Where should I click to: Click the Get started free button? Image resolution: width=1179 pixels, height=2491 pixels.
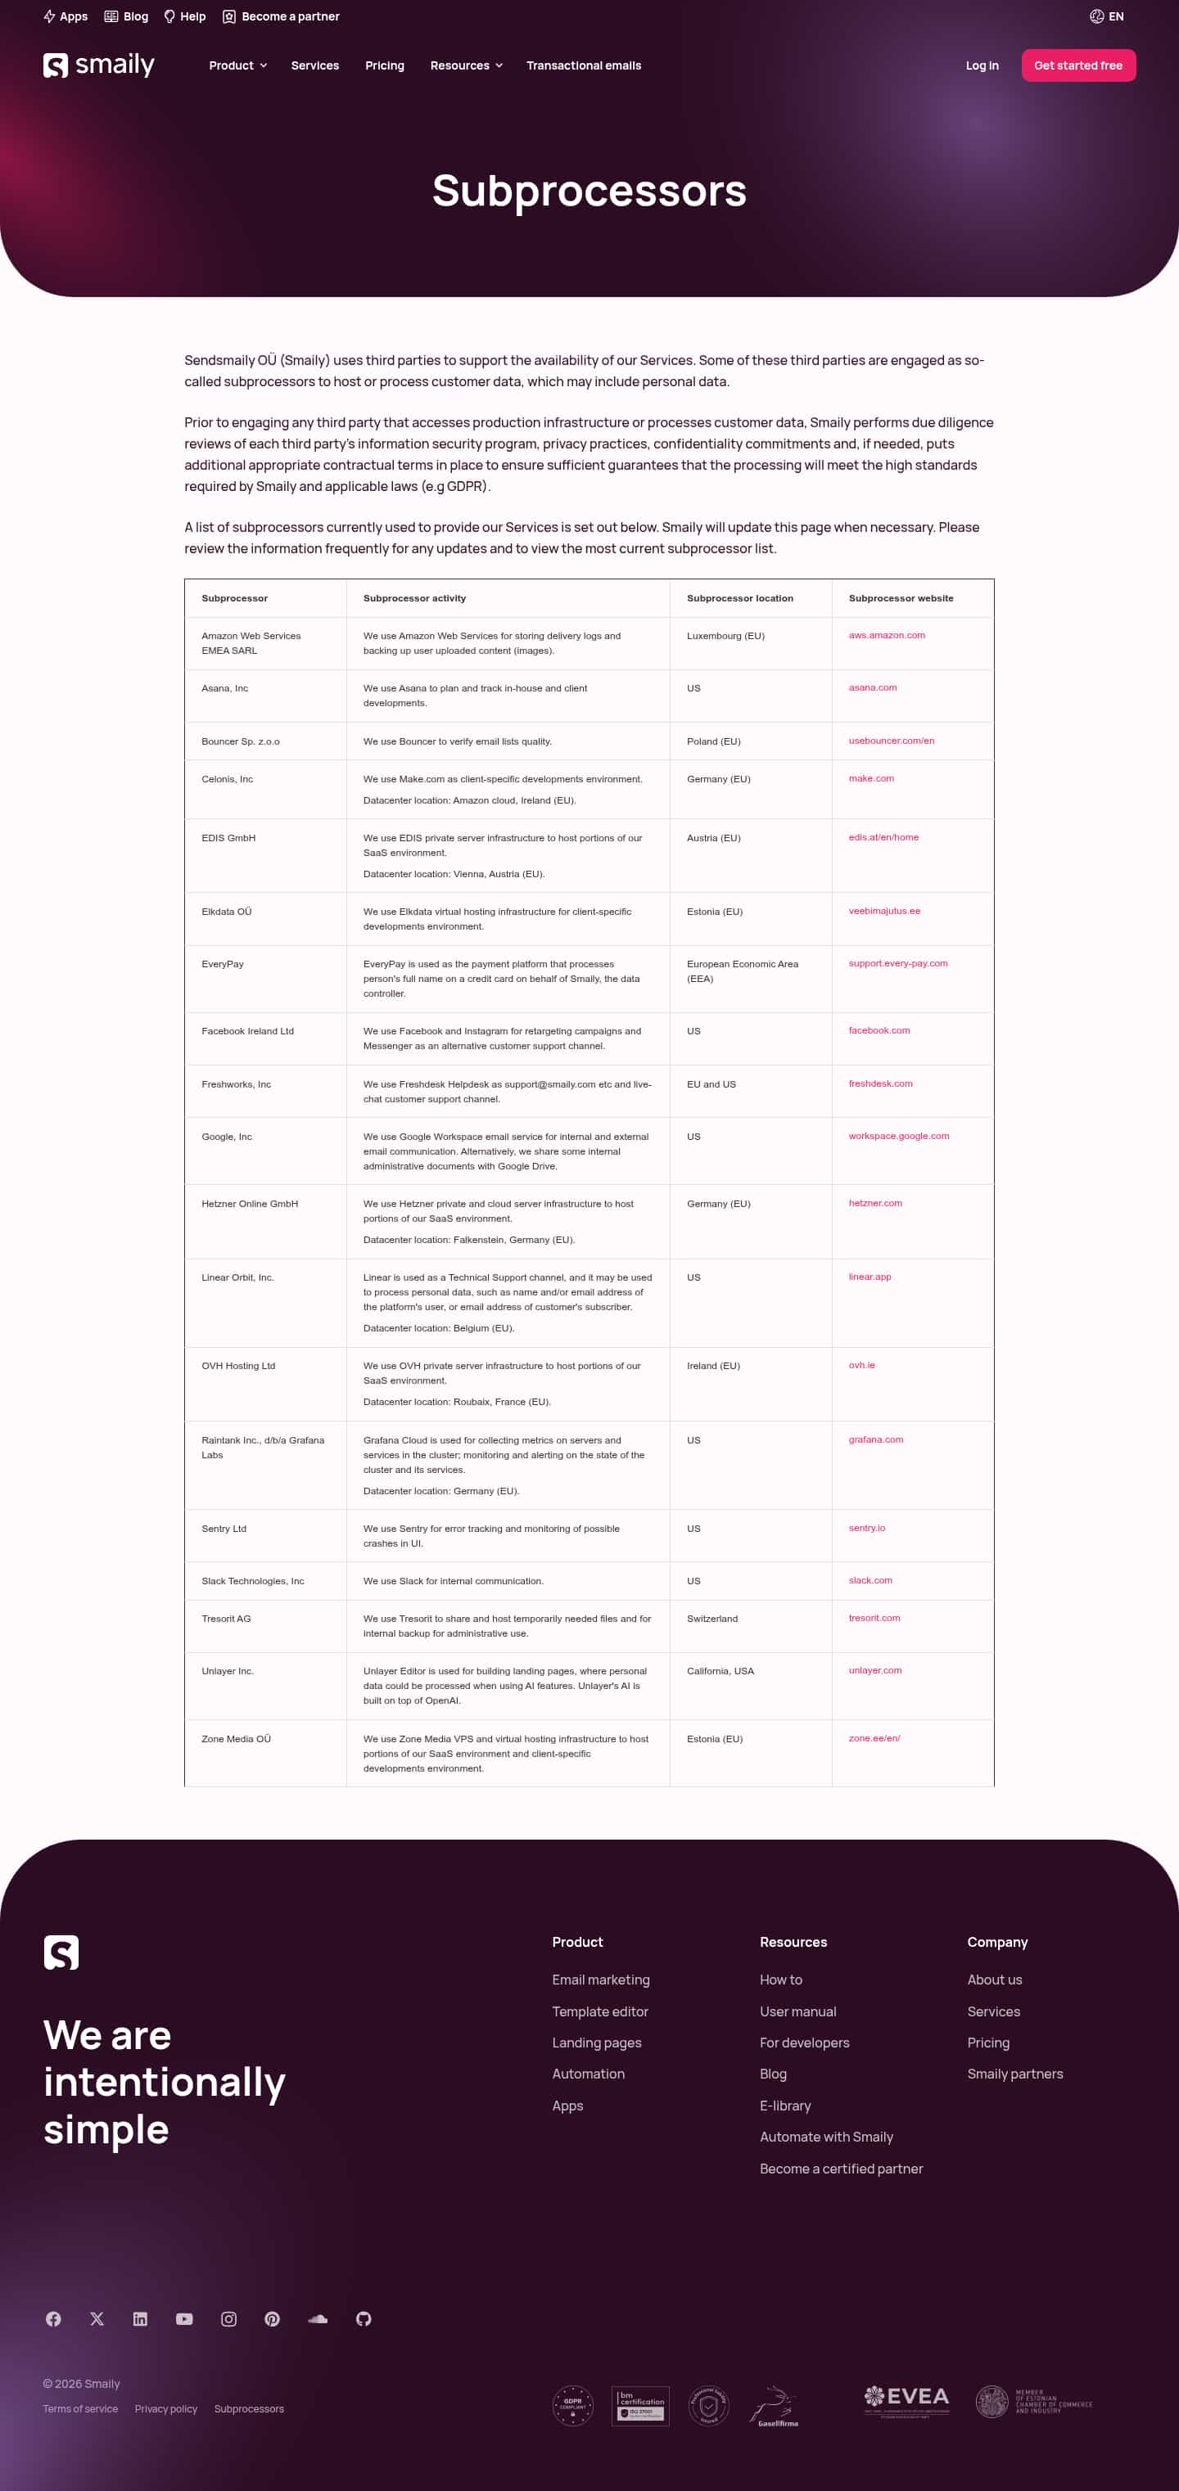(1077, 65)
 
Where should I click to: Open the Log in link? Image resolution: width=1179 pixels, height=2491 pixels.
(982, 65)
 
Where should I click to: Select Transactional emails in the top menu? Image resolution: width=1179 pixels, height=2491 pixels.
(583, 65)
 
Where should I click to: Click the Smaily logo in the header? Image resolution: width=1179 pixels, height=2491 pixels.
(98, 65)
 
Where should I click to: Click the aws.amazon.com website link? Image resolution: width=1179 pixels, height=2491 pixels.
(886, 635)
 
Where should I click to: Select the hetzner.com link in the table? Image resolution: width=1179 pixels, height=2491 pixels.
(874, 1203)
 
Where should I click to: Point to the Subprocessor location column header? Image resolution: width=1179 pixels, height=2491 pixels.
(739, 598)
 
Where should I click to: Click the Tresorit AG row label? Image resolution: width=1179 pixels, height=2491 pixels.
(225, 1619)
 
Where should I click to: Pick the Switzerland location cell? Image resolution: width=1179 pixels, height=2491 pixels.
(711, 1619)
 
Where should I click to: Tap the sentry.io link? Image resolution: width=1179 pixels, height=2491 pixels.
(866, 1528)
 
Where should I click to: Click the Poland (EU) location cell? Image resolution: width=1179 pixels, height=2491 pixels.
(713, 741)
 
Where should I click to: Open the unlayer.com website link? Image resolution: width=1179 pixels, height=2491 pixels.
(874, 1670)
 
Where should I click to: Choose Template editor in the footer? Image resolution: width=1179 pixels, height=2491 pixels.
(599, 2011)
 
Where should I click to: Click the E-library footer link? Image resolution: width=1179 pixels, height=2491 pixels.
(784, 2106)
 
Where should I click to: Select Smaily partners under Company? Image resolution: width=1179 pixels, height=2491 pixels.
(1014, 2074)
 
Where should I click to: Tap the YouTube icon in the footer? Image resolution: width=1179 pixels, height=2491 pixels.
(183, 2319)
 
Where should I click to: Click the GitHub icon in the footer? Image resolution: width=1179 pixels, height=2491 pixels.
(364, 2319)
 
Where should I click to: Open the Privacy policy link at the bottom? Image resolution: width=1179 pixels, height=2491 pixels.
(165, 2409)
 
